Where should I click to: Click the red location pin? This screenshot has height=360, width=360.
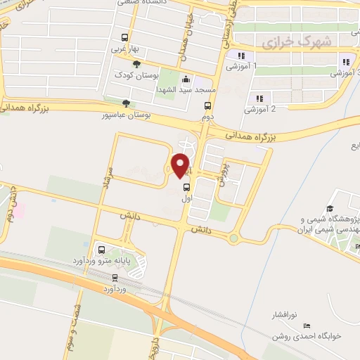click(x=180, y=166)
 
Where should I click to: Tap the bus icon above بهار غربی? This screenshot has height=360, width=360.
click(x=124, y=38)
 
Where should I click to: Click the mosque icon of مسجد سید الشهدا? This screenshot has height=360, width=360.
click(x=185, y=79)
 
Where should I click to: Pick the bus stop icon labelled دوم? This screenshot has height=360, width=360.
click(x=207, y=106)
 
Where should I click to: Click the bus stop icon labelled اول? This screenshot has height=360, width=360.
click(x=187, y=188)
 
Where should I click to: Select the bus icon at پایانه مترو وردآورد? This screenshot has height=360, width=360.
click(x=102, y=249)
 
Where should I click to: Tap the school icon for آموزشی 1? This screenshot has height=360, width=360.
click(x=241, y=56)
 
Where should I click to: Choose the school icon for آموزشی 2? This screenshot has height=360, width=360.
click(x=259, y=98)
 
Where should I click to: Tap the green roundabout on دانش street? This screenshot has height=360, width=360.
click(x=233, y=238)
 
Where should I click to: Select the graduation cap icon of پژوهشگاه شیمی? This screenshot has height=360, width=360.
click(x=358, y=245)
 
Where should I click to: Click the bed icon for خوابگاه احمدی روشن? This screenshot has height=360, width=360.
click(x=306, y=326)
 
